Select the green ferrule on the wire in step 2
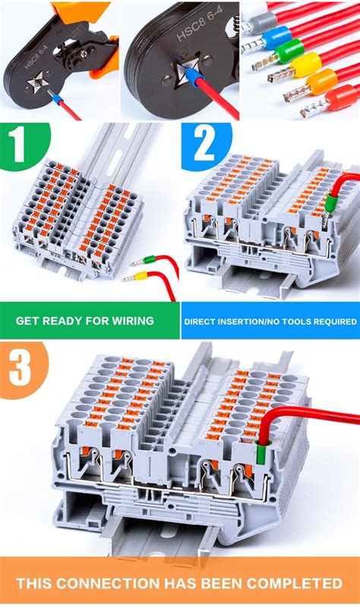pyautogui.click(x=330, y=204)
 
